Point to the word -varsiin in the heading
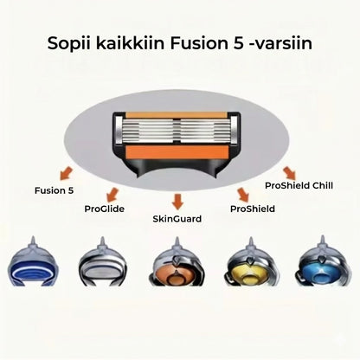[x=280, y=43]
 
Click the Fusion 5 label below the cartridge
[x=55, y=190]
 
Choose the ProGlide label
[x=105, y=209]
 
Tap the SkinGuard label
[x=177, y=219]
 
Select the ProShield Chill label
[x=299, y=185]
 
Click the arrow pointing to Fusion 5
[x=66, y=174]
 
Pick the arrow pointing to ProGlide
[x=112, y=195]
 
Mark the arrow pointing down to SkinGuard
[x=177, y=202]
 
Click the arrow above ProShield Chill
[x=289, y=173]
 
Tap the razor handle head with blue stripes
[x=33, y=264]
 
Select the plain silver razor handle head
[x=103, y=264]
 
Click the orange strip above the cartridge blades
[x=177, y=115]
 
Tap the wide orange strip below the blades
[x=177, y=151]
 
